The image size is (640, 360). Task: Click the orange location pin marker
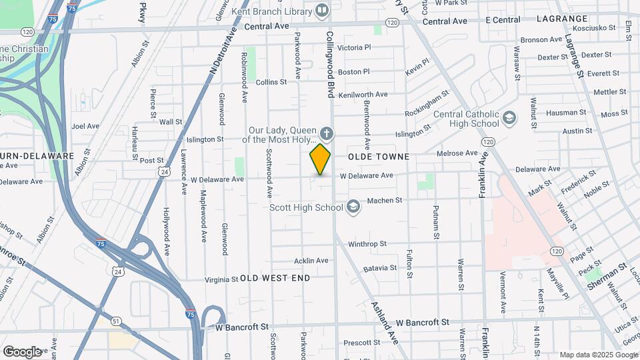321,159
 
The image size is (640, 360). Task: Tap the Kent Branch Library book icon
323,10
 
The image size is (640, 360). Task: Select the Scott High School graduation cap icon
353,207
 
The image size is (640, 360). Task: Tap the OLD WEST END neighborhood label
275,277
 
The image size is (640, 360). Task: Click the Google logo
22,351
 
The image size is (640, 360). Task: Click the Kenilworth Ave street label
363,95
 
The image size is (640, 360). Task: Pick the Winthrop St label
367,244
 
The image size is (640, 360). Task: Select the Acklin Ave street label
311,261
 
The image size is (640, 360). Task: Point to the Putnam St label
437,223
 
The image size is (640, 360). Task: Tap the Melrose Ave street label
457,153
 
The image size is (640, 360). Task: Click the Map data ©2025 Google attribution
597,355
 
